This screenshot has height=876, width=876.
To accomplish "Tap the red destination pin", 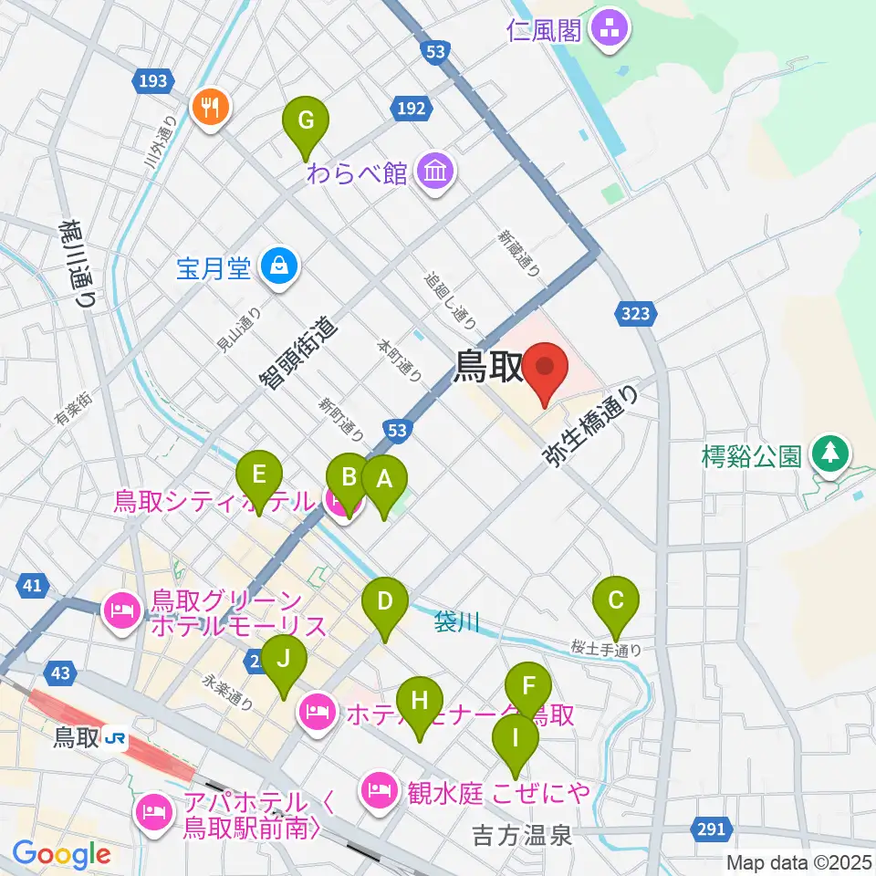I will pos(545,372).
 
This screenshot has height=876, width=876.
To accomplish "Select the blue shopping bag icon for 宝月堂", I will pos(275,267).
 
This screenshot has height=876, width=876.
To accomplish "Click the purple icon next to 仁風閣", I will pos(609,31).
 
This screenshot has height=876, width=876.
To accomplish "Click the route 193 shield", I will pos(153,81).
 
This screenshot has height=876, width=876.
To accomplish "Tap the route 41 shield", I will pos(31,586).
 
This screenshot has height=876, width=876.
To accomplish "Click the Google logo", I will pos(61,853).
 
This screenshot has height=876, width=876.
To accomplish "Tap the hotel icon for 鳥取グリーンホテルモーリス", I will pos(121,608).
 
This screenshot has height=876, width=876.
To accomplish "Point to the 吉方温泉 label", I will pos(522,833).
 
